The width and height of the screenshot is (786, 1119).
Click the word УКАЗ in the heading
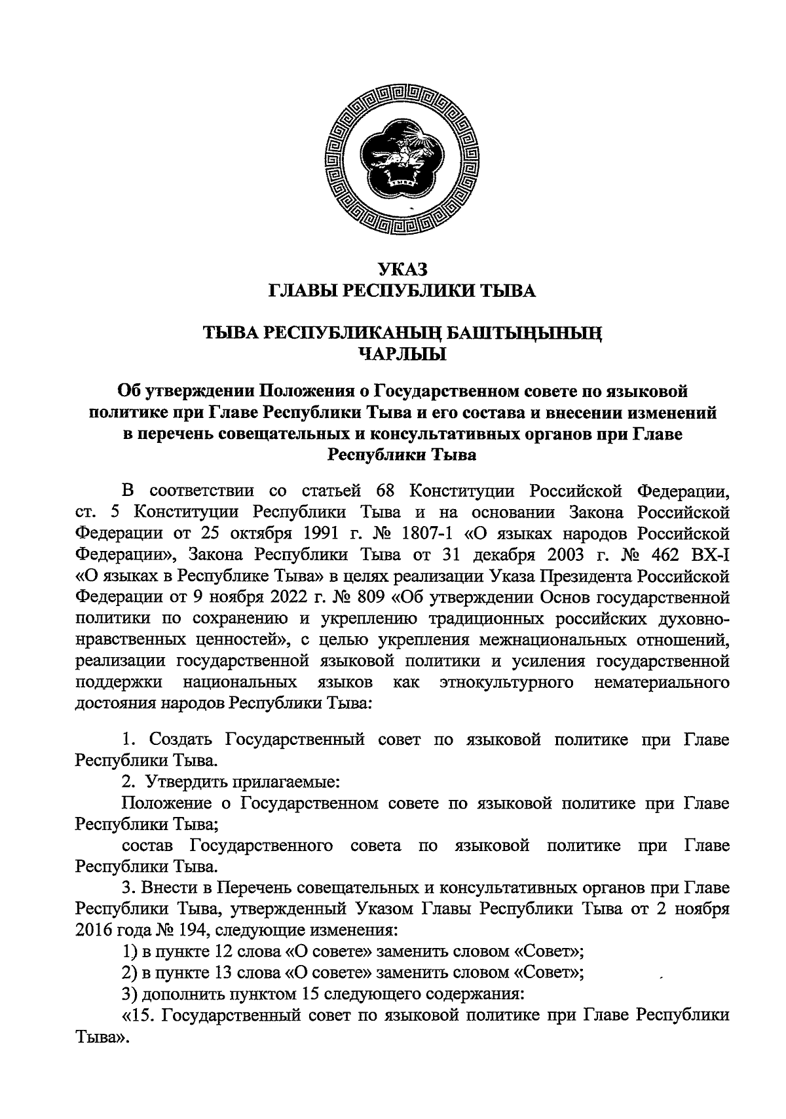pos(402,269)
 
